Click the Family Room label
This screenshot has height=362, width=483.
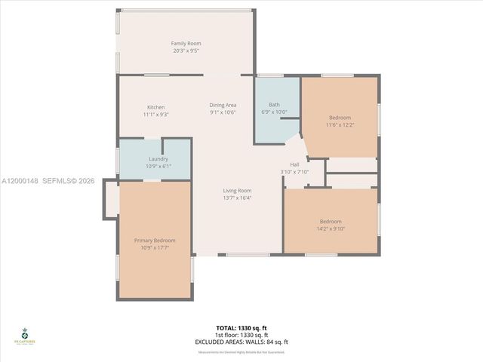coord(186,44)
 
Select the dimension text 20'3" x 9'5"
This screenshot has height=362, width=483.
coord(186,51)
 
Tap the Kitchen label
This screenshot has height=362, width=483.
coord(156,107)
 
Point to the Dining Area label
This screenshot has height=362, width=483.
coord(223,105)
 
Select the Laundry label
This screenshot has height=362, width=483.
coord(158,159)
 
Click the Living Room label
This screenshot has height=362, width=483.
coord(237,191)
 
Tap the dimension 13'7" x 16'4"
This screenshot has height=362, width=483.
coord(237,198)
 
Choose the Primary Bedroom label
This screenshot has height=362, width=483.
coord(155,240)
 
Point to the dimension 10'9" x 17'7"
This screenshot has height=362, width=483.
coord(155,247)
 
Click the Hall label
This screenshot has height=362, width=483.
coord(295,164)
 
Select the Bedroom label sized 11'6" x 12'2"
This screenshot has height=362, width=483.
coord(340,117)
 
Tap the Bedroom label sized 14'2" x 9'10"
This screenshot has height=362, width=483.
coord(330,221)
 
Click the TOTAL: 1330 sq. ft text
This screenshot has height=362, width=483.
coord(241,328)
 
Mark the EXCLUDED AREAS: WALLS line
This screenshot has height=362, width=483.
coord(241,342)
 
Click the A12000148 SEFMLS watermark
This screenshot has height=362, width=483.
coord(48,181)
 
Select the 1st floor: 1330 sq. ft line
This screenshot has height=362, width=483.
coord(241,335)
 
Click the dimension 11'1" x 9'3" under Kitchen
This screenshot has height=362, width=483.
coord(156,115)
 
